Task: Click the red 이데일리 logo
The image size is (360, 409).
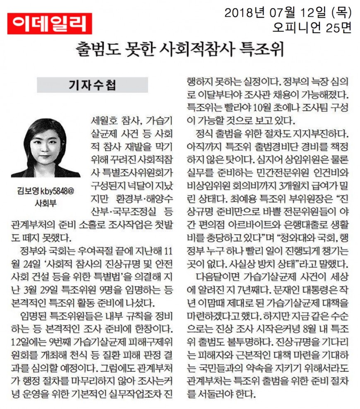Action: pos(49,24)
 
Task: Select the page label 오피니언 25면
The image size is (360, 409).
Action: pos(311,27)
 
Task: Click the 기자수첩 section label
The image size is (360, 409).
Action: pos(92,85)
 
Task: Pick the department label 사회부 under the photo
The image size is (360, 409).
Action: pos(46,203)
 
